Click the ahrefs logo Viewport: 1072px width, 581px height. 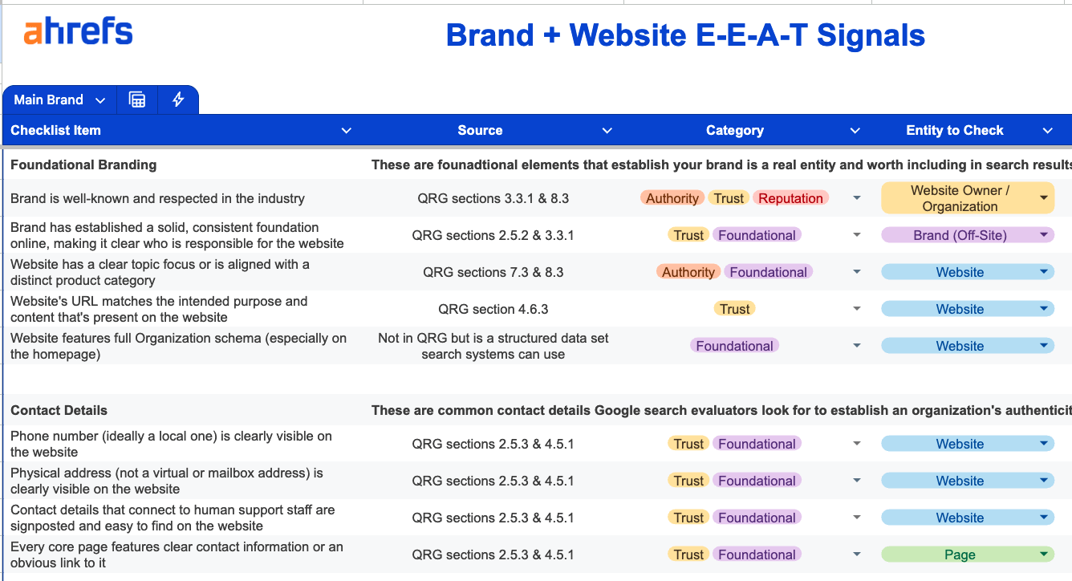pyautogui.click(x=78, y=32)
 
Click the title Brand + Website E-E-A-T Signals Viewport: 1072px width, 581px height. pyautogui.click(x=685, y=35)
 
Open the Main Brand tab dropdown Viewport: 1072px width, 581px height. pyautogui.click(x=100, y=100)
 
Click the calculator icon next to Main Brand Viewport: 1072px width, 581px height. pyautogui.click(x=137, y=100)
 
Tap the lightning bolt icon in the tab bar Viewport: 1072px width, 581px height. pyautogui.click(x=178, y=100)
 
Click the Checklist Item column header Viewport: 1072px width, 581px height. pyautogui.click(x=56, y=130)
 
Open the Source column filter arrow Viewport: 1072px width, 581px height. pyautogui.click(x=607, y=131)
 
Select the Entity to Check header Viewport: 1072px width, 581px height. pyautogui.click(x=954, y=130)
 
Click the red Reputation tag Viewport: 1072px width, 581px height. pyautogui.click(x=790, y=198)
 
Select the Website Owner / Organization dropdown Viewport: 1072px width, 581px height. pyautogui.click(x=967, y=198)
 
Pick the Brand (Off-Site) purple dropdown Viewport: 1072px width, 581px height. pyautogui.click(x=967, y=235)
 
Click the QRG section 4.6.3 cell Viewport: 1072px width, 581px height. pyautogui.click(x=493, y=309)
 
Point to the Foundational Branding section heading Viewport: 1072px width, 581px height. pyautogui.click(x=83, y=165)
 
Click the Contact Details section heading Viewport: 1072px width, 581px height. pyautogui.click(x=59, y=410)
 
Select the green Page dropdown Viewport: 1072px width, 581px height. pyautogui.click(x=967, y=555)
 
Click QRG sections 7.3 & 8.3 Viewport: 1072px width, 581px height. pyautogui.click(x=493, y=272)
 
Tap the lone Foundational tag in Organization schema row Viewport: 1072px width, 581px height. pyautogui.click(x=734, y=346)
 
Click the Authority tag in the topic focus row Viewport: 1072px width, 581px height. pyautogui.click(x=688, y=272)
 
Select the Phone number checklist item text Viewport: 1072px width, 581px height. pyautogui.click(x=170, y=444)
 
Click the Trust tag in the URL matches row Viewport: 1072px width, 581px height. pyautogui.click(x=734, y=309)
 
